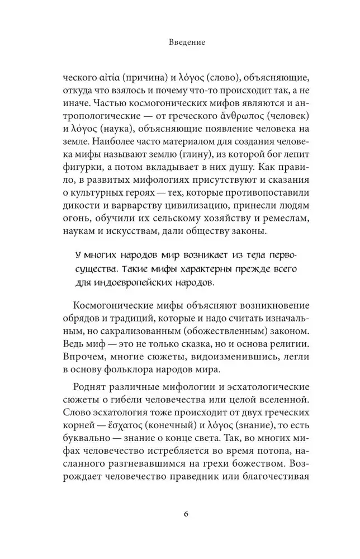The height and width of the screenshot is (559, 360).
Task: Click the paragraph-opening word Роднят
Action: tap(87, 387)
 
